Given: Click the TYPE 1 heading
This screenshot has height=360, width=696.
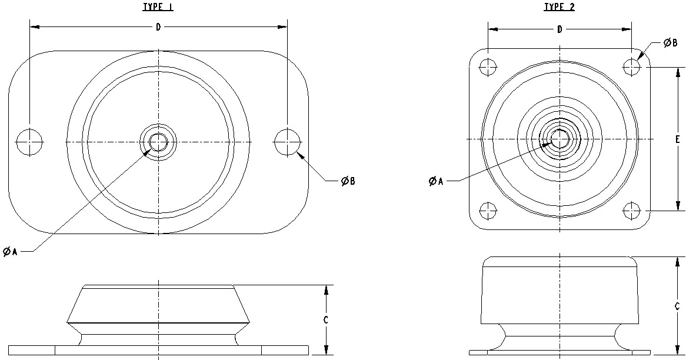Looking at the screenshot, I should click(158, 7).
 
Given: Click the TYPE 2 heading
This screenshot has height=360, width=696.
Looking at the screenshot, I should click(559, 7).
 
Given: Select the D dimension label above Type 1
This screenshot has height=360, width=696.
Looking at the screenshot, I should click(158, 28).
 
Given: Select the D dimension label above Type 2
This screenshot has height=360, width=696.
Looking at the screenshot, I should click(560, 29).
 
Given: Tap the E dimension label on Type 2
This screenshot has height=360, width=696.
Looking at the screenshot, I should click(678, 139).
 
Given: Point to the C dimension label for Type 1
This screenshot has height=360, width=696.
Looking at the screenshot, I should click(326, 320).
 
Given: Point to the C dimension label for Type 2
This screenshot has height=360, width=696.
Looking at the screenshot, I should click(678, 306).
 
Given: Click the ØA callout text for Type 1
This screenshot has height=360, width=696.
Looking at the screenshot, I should click(10, 251).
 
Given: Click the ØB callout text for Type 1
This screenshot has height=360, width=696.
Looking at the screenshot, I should click(348, 181).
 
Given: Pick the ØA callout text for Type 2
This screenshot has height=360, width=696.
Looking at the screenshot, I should click(435, 181).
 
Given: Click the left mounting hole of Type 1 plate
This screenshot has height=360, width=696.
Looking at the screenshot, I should click(29, 142).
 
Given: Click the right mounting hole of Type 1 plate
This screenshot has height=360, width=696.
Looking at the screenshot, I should click(288, 142).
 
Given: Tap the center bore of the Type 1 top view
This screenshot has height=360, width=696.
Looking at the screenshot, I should click(158, 142).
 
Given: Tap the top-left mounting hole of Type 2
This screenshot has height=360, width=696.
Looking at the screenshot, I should click(488, 67).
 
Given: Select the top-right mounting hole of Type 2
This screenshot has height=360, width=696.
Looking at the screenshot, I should click(632, 67).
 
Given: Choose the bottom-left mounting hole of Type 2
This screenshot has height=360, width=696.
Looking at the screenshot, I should click(488, 210).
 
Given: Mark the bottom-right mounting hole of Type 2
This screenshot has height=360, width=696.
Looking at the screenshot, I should click(632, 210).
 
